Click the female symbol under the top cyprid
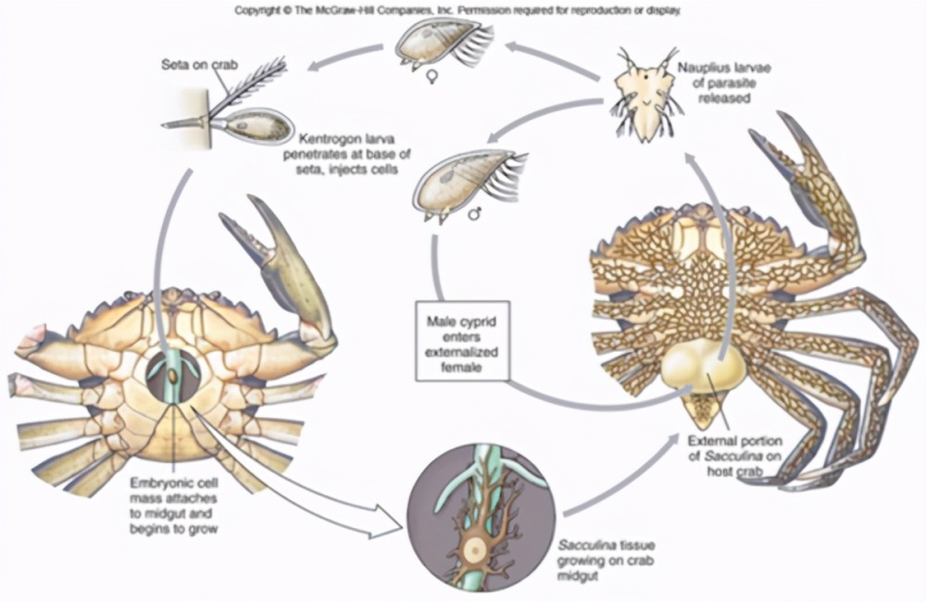coord(432,77)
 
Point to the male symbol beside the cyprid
coord(474,214)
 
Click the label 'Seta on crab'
coord(200,65)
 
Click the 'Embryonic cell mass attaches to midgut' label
coord(174,506)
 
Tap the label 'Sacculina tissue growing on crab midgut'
coord(606,560)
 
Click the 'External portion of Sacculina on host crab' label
coord(735,456)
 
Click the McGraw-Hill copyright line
coord(457,10)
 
